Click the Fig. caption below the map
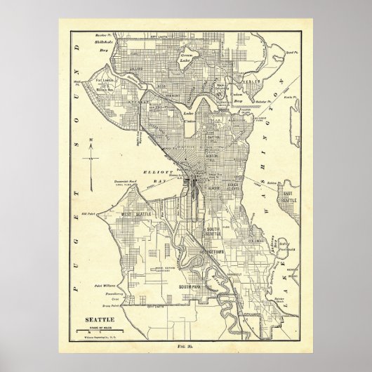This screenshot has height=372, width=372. coord(186,345)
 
